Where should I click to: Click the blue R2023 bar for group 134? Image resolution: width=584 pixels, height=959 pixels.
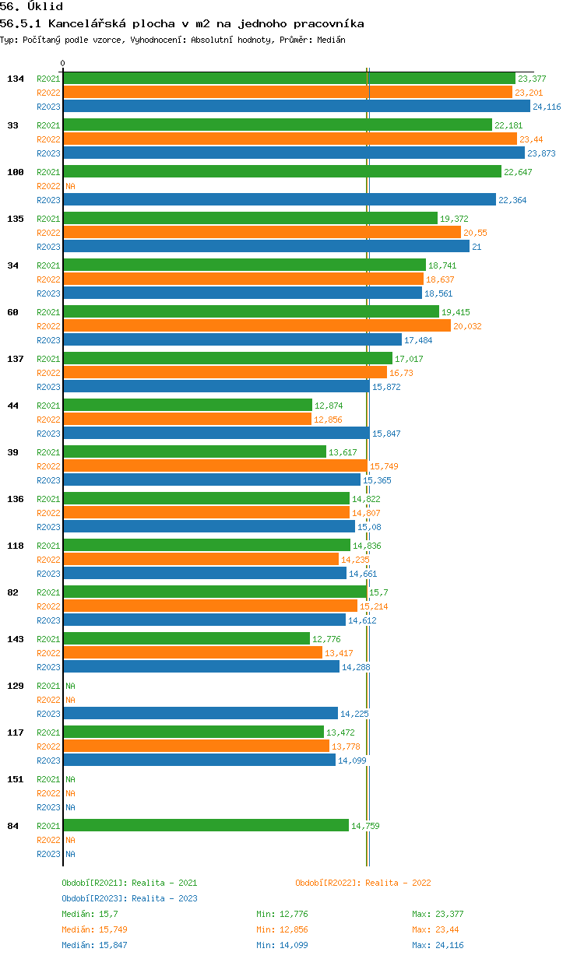(297, 106)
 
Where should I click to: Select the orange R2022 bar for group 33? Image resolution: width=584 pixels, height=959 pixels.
(290, 139)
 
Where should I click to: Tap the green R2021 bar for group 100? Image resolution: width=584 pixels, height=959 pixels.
(283, 172)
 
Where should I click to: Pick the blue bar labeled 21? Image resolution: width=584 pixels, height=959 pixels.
(266, 246)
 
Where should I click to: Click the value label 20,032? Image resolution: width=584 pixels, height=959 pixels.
(467, 326)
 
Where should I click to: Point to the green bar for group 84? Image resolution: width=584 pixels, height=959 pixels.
(206, 825)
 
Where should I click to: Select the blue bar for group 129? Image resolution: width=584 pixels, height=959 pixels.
(201, 713)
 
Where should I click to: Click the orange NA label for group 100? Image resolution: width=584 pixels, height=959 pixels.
(70, 186)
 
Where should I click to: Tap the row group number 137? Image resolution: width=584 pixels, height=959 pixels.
(16, 359)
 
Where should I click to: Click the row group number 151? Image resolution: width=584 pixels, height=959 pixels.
(16, 779)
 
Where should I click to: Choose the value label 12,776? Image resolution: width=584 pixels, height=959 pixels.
(326, 639)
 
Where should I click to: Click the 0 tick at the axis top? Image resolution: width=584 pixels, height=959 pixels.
(62, 63)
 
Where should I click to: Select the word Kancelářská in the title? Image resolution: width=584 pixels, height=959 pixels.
(87, 23)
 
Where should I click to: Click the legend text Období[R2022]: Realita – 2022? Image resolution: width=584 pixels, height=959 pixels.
(363, 883)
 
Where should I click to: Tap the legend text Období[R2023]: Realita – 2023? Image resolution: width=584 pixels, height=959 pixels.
(129, 898)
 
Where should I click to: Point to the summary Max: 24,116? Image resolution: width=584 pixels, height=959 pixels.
(438, 945)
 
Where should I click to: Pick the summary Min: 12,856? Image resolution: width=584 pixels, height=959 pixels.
(282, 929)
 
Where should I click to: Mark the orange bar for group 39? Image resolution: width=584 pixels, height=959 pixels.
(216, 465)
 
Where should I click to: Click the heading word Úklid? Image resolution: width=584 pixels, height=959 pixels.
(45, 6)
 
